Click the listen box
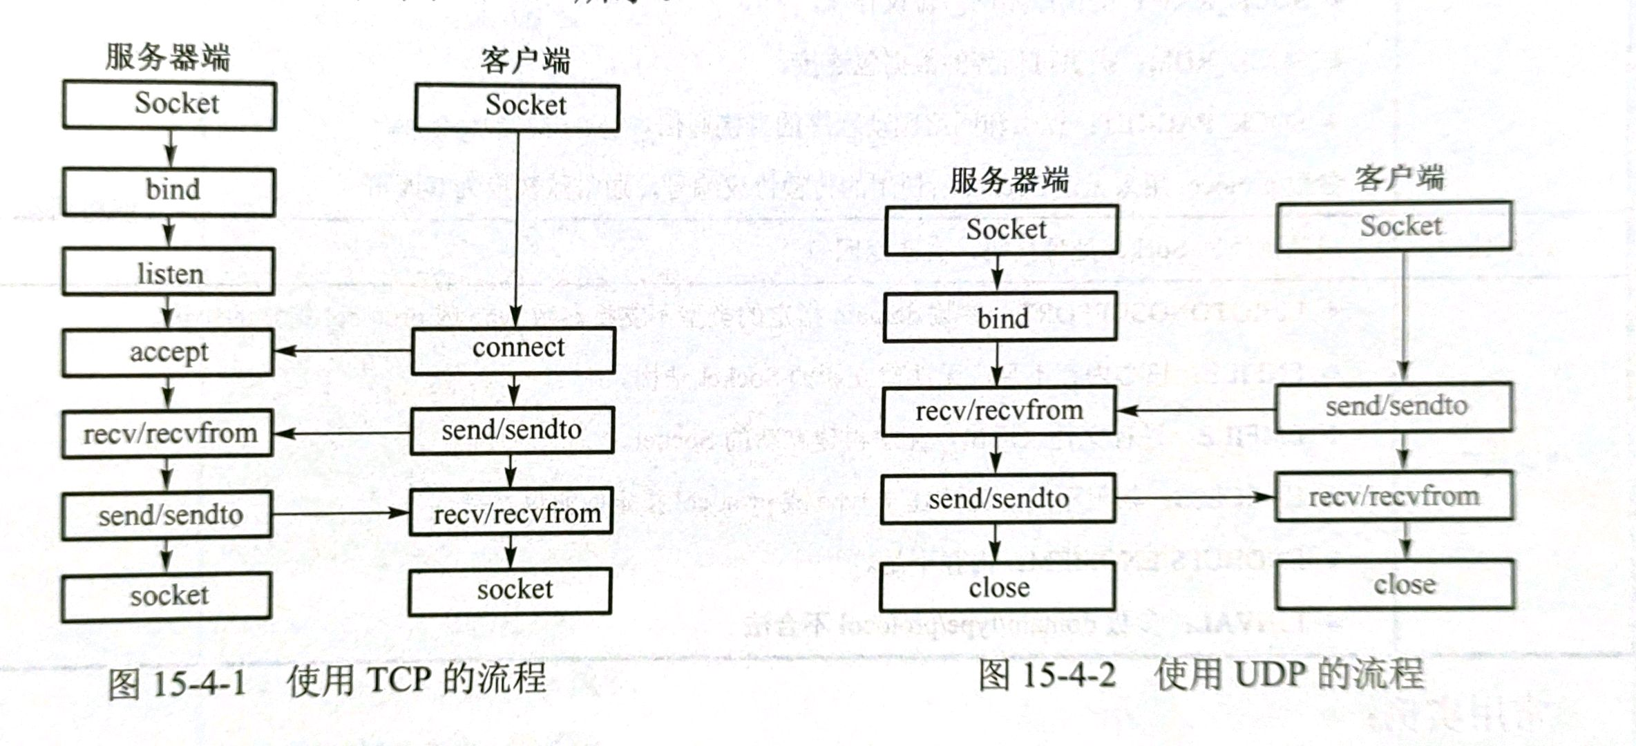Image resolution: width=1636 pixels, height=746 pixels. point(168,272)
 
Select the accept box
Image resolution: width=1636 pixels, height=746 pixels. point(168,352)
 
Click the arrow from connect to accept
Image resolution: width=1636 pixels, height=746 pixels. point(343,351)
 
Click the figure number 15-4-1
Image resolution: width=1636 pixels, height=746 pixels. point(198,683)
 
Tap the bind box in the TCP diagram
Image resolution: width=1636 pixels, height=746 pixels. point(169,191)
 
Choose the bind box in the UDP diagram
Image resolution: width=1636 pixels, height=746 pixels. point(1000,317)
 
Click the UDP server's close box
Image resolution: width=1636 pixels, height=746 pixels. point(998,587)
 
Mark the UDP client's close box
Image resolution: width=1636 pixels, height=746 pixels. point(1396,584)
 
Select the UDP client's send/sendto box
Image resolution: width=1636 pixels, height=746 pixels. point(1394,407)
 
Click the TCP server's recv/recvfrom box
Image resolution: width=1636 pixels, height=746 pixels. point(168,434)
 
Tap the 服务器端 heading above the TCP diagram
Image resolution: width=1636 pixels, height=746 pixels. point(167,57)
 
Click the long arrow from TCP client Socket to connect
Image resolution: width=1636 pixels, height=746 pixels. point(517,228)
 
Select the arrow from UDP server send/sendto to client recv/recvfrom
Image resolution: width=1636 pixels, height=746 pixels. point(1195,497)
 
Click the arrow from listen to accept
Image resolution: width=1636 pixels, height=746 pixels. point(167,312)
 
